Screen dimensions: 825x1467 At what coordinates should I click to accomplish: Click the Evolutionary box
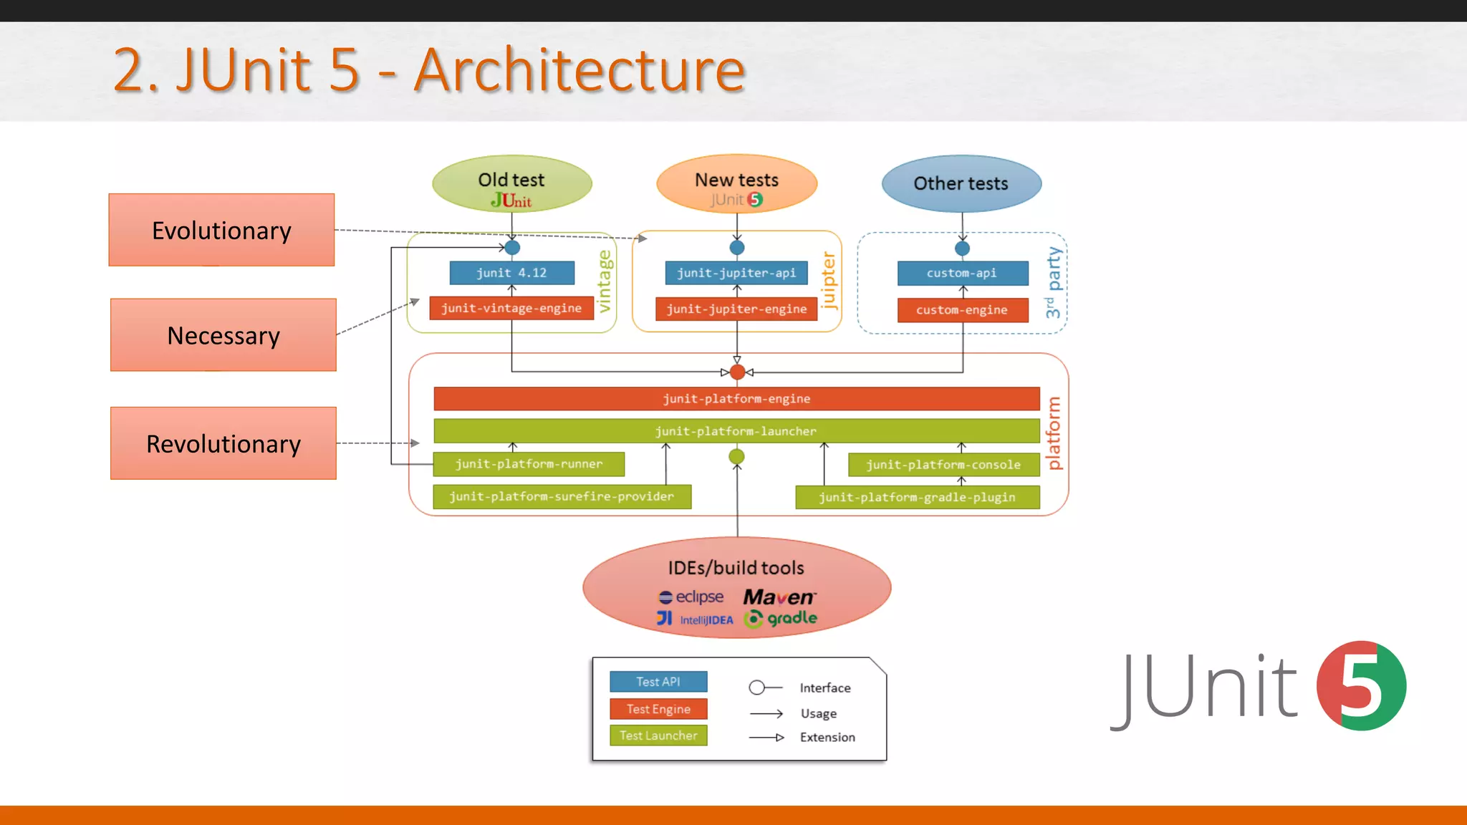[x=221, y=230]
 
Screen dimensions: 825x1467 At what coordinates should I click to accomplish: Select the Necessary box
[x=223, y=335]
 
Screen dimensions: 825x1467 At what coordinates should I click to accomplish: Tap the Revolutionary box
[x=223, y=443]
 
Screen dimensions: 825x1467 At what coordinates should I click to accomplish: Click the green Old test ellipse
[x=511, y=184]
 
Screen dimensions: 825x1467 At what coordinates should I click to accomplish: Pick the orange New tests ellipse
[x=736, y=184]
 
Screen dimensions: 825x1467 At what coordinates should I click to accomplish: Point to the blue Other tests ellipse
[x=961, y=184]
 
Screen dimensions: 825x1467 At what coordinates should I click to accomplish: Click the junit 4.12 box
[x=511, y=273]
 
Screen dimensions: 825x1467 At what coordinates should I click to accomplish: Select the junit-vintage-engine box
[x=511, y=308]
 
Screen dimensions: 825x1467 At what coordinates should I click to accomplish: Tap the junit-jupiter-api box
[x=736, y=273]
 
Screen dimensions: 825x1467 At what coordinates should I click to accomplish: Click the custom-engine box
[x=962, y=310]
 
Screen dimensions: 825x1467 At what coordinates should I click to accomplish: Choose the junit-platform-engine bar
[x=736, y=399]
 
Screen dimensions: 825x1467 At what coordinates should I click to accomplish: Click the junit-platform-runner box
[x=529, y=464]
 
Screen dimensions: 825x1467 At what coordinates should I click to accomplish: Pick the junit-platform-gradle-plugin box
[x=917, y=497]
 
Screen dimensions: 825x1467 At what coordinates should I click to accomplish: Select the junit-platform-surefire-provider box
[x=562, y=496]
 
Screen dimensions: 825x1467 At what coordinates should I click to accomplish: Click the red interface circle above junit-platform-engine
[x=737, y=372]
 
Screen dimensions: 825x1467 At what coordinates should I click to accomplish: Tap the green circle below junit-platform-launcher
[x=736, y=456]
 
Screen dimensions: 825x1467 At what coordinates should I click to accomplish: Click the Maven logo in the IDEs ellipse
[x=779, y=597]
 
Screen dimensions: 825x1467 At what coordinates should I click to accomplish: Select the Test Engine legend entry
[x=658, y=709]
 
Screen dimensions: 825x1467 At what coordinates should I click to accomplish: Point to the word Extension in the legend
[x=827, y=738]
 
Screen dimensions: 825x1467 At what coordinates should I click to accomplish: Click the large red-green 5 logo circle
[x=1361, y=686]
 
